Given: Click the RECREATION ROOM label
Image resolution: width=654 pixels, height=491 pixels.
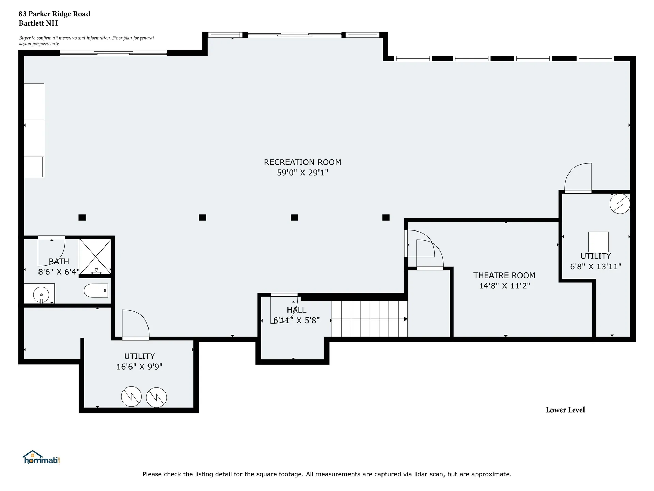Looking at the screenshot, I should point(302,162).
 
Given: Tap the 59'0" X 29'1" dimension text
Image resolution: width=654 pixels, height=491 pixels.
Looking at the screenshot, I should point(302,173).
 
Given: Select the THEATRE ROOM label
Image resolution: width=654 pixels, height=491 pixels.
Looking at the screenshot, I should point(504,275).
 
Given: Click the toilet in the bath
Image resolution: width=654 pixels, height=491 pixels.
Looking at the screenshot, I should point(96,291).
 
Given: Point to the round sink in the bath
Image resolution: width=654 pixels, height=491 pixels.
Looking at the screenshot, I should point(41,294).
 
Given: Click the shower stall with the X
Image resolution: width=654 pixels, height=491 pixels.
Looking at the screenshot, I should point(95,256).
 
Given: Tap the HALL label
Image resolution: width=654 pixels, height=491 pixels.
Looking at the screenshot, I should point(296,310).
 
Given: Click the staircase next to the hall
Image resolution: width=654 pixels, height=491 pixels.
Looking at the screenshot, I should point(369,319).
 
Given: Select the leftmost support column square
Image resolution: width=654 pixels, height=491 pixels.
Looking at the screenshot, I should point(82,218).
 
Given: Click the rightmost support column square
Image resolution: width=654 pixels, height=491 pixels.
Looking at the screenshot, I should point(386,218).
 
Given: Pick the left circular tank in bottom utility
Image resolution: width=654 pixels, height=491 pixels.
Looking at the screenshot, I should point(131,397).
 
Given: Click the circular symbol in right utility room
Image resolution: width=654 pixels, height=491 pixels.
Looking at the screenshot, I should point(620,204).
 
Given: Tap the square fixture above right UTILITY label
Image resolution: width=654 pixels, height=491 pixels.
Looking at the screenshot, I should point(598,241).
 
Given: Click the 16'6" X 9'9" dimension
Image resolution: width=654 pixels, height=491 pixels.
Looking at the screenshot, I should point(139,367).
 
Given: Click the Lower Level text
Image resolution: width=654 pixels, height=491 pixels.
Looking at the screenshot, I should point(565,410).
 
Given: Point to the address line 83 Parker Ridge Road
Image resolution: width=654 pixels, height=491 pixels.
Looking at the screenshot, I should point(54,14).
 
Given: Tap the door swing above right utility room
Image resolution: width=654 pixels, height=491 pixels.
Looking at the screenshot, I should point(578,178).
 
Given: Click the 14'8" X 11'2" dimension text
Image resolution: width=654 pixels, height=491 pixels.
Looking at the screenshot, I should point(504,286).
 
